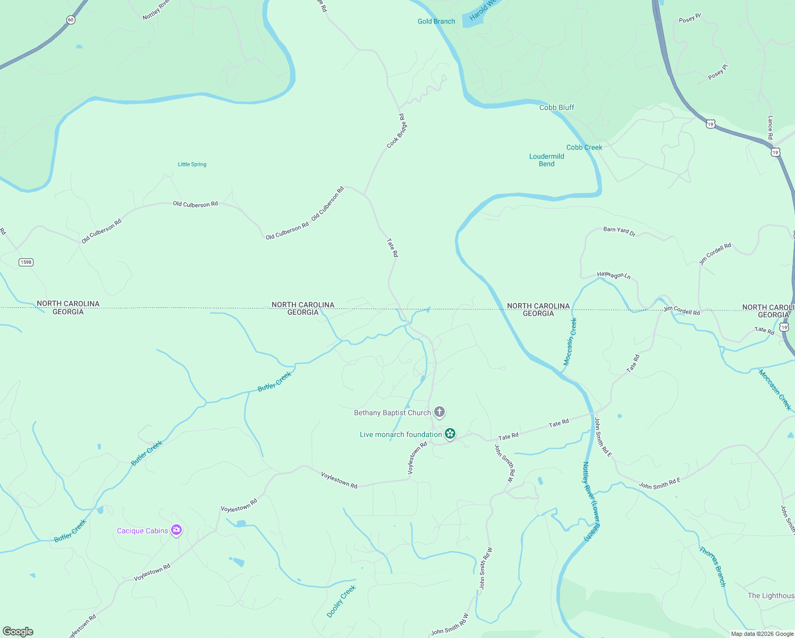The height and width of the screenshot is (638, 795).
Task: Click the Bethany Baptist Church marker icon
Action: (439, 412)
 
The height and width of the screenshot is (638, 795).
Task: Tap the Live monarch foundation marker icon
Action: (450, 434)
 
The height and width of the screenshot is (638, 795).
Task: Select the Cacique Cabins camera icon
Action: (176, 530)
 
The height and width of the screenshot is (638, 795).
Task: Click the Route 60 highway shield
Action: (71, 20)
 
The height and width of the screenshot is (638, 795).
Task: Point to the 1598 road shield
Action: (26, 262)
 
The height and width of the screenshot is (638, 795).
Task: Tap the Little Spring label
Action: (192, 164)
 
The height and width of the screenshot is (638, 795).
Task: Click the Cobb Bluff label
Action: (556, 107)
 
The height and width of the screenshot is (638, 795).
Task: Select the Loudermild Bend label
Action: (546, 160)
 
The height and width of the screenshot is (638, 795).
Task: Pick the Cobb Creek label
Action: (584, 147)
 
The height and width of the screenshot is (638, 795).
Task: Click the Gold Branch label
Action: (436, 21)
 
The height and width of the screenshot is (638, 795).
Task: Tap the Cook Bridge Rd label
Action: (396, 131)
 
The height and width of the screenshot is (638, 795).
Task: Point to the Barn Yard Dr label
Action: (619, 231)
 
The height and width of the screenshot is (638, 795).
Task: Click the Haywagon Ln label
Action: (613, 275)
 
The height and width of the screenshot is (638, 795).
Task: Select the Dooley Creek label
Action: (341, 601)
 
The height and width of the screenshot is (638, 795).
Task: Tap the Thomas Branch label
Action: (713, 567)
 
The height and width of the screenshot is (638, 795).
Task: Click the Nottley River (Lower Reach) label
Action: (591, 501)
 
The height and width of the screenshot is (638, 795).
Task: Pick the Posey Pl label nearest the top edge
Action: (690, 19)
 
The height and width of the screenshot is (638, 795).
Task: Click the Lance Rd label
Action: (770, 128)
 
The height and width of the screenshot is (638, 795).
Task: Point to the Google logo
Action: (18, 632)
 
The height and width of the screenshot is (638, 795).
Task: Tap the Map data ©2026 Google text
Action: (762, 634)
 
